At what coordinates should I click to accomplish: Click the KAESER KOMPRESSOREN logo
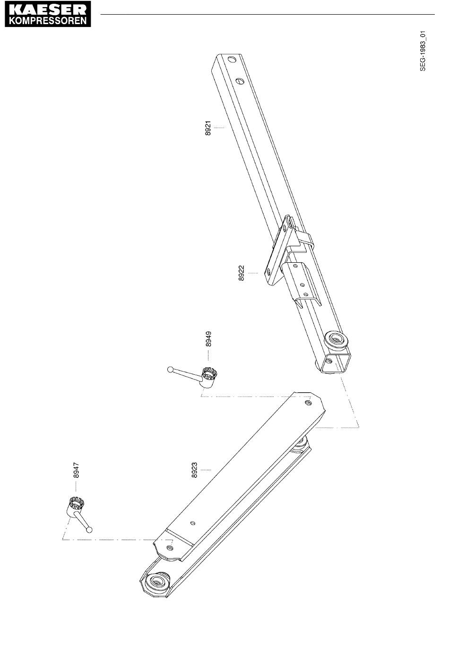48,14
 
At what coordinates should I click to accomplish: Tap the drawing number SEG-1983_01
423,51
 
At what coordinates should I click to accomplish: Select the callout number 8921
208,128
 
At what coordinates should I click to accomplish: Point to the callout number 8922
241,273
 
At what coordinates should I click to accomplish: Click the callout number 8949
208,339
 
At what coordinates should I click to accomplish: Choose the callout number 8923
194,470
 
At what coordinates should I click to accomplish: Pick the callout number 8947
76,470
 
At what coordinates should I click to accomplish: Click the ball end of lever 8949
170,369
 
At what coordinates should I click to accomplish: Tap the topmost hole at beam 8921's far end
232,60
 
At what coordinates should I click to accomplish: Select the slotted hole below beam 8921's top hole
241,81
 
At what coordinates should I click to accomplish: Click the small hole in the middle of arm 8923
193,523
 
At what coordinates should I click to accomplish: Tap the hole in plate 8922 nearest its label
268,271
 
